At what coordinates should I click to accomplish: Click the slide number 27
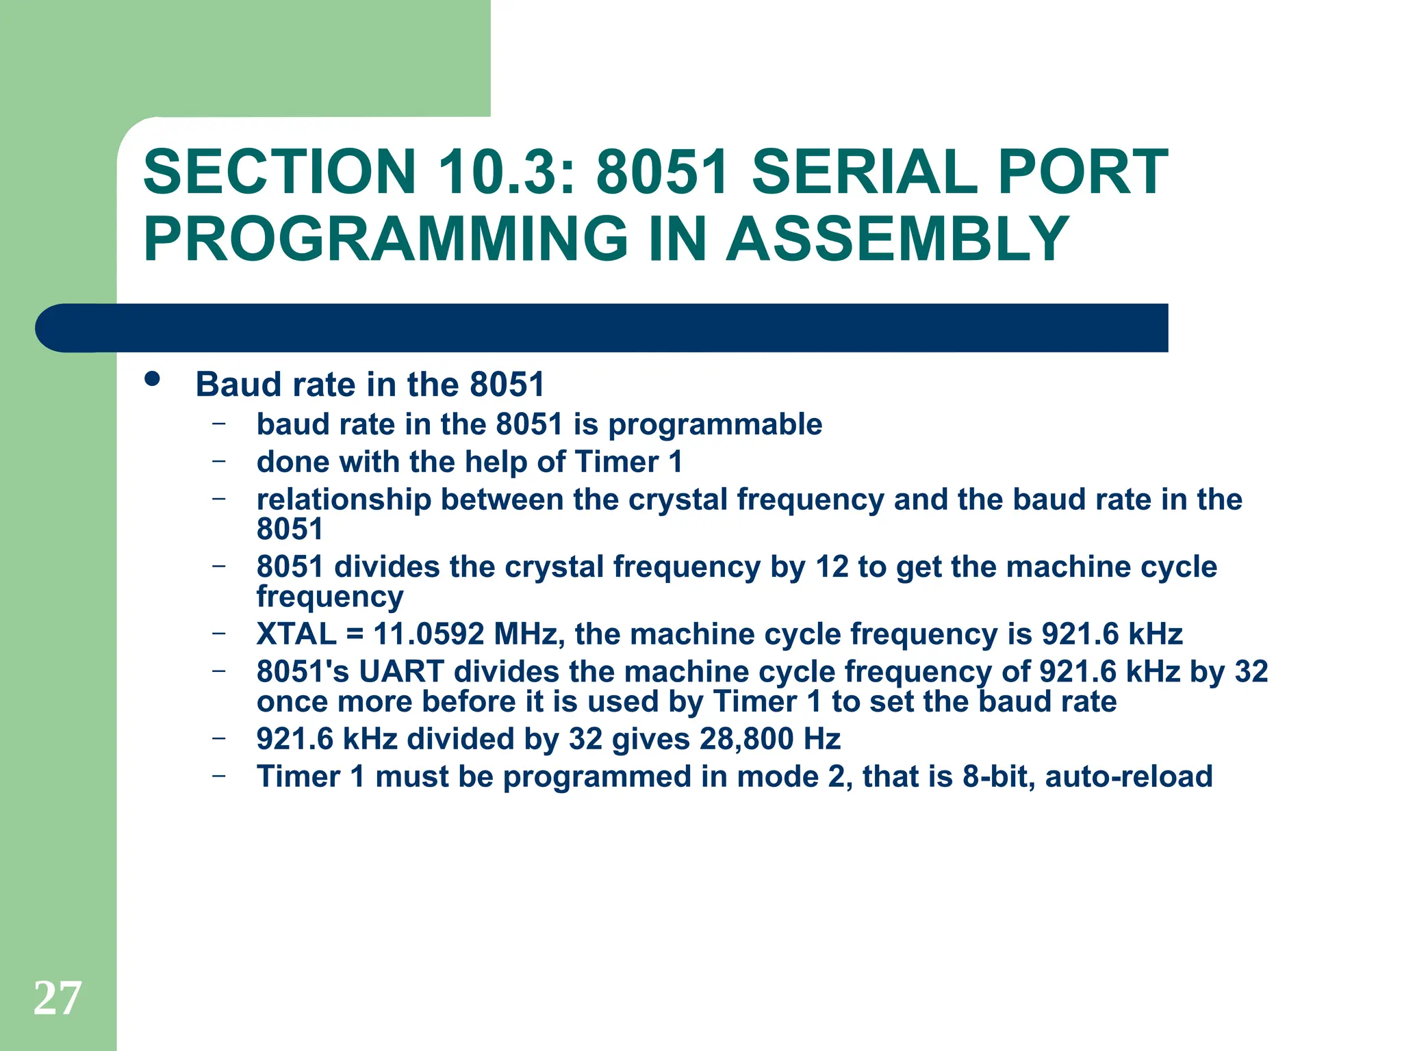tap(58, 998)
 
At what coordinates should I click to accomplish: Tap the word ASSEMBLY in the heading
tap(897, 239)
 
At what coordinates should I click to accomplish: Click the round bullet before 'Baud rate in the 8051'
tap(152, 380)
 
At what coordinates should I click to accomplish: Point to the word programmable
tap(715, 425)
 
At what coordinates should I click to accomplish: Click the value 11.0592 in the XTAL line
tap(429, 634)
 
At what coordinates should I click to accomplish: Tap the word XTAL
tap(296, 634)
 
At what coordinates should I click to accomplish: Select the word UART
tap(401, 672)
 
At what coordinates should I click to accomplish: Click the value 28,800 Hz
tap(769, 740)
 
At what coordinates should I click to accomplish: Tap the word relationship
tap(344, 500)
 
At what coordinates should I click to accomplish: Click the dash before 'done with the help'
tap(218, 461)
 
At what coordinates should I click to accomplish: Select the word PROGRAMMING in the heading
tap(385, 239)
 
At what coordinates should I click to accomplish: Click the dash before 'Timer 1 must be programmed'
tap(218, 776)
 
